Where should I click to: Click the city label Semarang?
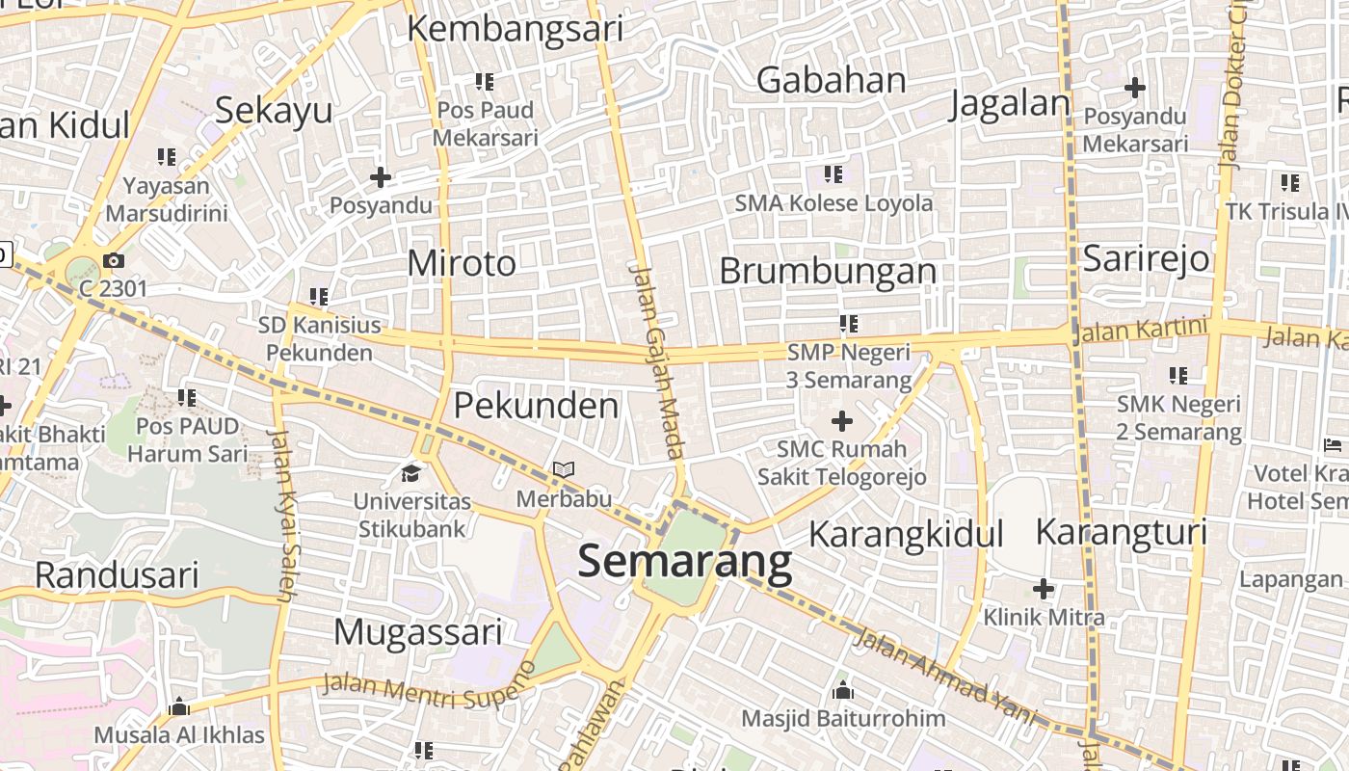(x=684, y=562)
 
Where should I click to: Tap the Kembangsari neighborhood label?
(x=515, y=29)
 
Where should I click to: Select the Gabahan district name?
(x=831, y=80)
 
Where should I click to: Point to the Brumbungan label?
(x=828, y=271)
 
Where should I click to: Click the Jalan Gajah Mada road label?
(x=657, y=360)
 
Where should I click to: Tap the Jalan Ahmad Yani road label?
(x=944, y=678)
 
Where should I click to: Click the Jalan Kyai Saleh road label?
(x=285, y=516)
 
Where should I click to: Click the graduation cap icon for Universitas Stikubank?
(x=411, y=473)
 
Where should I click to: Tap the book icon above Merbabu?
(x=564, y=470)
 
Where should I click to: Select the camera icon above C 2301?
(x=114, y=260)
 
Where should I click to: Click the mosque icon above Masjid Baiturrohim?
(x=843, y=691)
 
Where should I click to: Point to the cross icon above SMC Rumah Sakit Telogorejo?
(x=842, y=421)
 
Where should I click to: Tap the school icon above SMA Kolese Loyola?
(x=833, y=174)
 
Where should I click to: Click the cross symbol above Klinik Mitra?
(x=1044, y=588)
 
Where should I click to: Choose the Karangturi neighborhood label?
(x=1121, y=531)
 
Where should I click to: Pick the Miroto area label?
(x=462, y=262)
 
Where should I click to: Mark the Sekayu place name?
(x=274, y=110)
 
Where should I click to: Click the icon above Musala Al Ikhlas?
(x=178, y=708)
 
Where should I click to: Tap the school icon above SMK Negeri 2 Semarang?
(x=1178, y=376)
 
